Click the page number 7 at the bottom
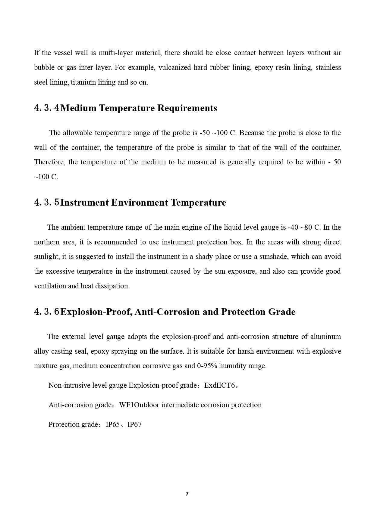pos(187,494)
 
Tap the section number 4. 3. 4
pos(47,108)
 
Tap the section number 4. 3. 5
pos(47,203)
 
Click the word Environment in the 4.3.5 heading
pos(140,203)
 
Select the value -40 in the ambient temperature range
pos(293,227)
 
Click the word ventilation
pos(50,286)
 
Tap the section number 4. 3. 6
pos(47,312)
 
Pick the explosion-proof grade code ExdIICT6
pos(219,386)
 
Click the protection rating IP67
pos(135,425)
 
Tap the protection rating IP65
pos(113,425)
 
